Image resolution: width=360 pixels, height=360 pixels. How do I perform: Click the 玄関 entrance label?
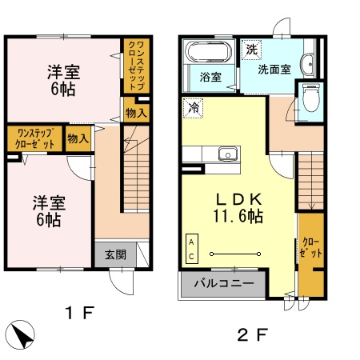[114, 256]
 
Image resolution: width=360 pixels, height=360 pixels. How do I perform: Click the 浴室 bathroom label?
[211, 78]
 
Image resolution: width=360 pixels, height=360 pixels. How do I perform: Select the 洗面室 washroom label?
[274, 70]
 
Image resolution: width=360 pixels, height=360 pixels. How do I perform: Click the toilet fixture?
[311, 98]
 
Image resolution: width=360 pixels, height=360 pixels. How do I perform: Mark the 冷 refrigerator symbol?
[193, 106]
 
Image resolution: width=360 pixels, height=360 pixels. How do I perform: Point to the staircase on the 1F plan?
[134, 172]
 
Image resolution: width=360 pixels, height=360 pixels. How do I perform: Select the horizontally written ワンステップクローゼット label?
[35, 138]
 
